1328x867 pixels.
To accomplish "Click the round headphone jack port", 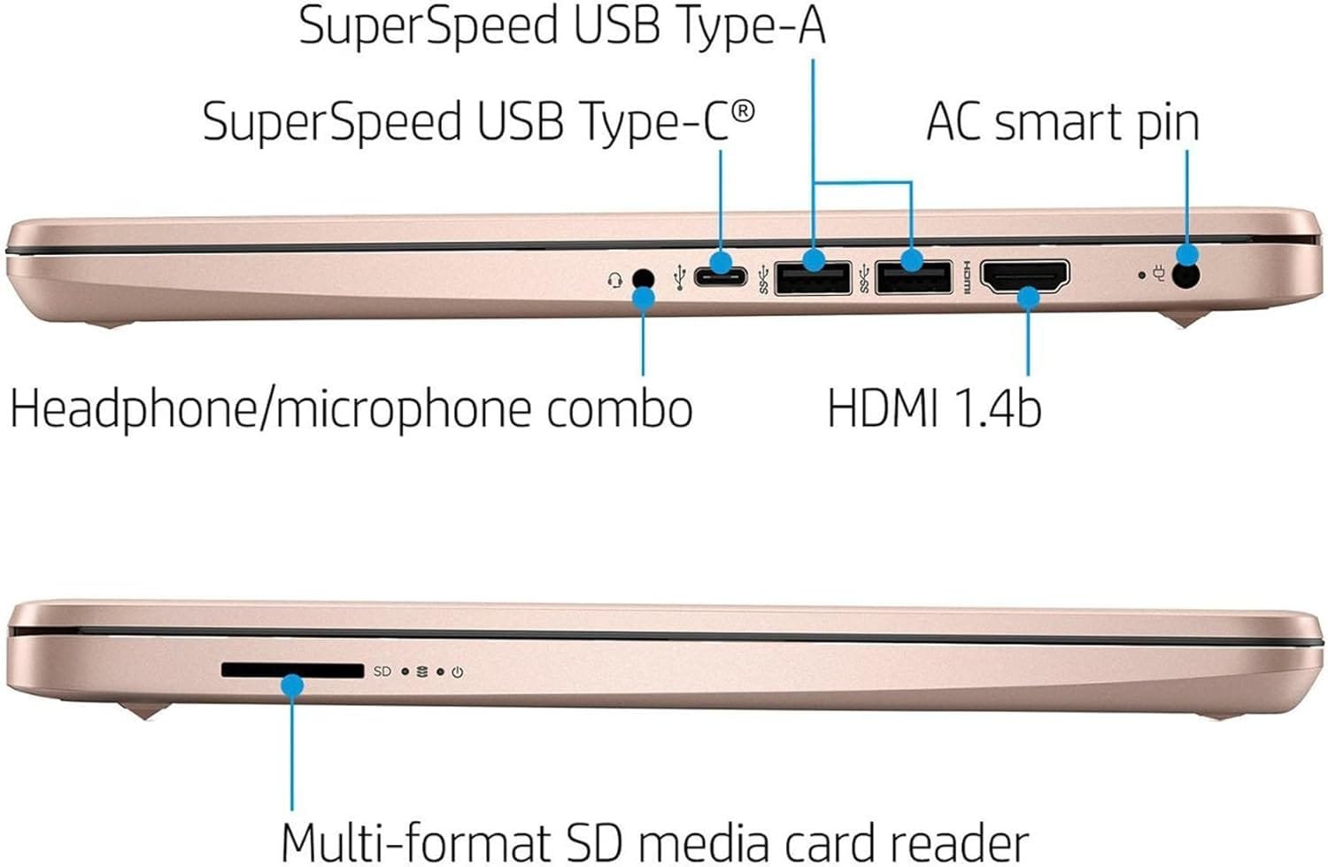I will point(644,279).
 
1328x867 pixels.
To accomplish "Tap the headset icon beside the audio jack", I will point(615,280).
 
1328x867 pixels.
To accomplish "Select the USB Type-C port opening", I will point(720,276).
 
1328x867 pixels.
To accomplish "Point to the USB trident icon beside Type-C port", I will point(679,277).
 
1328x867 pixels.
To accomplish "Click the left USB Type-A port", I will point(813,278).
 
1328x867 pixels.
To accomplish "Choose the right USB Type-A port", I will point(913,278).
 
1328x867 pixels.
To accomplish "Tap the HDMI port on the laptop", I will point(1025,276).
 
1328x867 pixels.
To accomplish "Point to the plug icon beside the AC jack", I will point(1159,275).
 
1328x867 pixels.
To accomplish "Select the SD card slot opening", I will point(292,670).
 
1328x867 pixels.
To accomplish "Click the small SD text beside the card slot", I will point(382,671).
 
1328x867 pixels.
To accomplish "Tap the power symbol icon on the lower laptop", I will point(457,672).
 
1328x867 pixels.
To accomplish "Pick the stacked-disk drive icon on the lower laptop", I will point(421,671).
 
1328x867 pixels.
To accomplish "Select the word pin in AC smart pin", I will point(1168,124).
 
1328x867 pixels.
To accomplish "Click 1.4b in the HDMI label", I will point(997,408).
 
